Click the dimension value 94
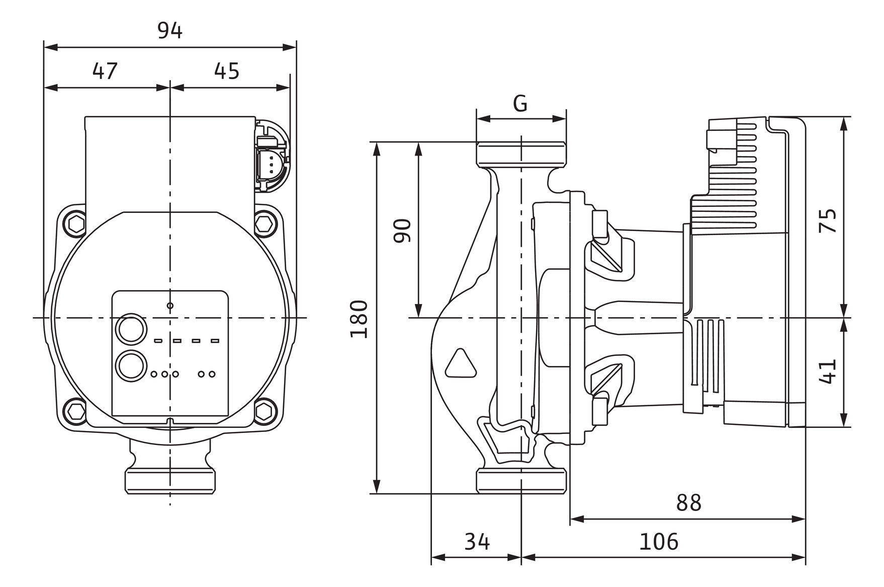(169, 31)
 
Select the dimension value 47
(105, 71)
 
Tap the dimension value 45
(226, 71)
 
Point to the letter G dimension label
(520, 104)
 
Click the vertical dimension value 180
(360, 319)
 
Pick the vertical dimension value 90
(402, 231)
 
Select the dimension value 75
(828, 220)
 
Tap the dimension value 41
(828, 372)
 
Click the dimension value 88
(688, 502)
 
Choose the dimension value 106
(658, 542)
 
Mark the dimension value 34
(477, 542)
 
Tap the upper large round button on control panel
(131, 330)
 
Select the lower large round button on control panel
(131, 365)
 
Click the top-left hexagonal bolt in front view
(76, 223)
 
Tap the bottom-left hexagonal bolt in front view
(76, 410)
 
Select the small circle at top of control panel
(170, 306)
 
